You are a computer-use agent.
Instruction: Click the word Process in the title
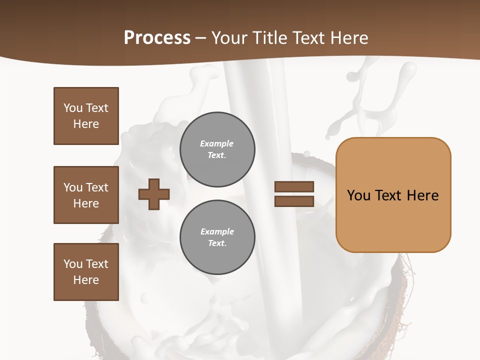tap(157, 37)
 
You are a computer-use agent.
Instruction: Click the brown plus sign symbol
tap(153, 194)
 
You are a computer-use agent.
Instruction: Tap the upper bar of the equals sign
tap(294, 187)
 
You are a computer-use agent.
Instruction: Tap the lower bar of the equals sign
tap(294, 201)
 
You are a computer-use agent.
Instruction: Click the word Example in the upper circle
tap(217, 143)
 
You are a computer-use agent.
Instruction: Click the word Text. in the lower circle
tap(217, 243)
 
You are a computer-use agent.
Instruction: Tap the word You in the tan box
tap(359, 195)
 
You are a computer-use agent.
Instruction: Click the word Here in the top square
tap(86, 124)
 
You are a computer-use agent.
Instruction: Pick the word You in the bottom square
tap(73, 264)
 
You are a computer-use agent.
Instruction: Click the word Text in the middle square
tap(96, 187)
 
